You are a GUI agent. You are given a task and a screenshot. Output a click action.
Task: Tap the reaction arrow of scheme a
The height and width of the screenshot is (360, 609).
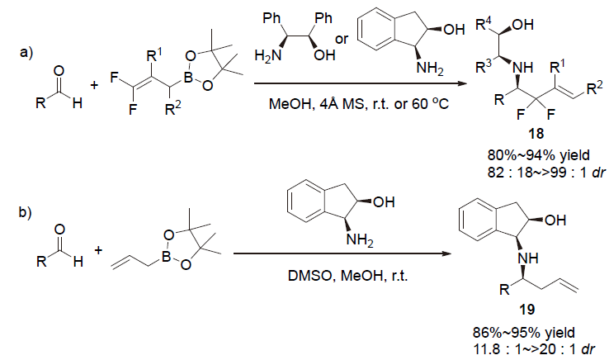pos(363,83)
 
